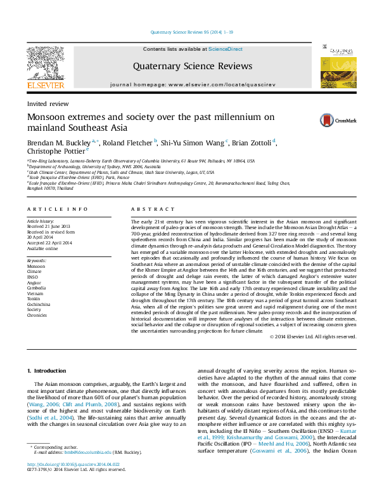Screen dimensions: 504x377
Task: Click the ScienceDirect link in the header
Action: (225, 49)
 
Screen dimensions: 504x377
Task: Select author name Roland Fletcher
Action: (127, 143)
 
